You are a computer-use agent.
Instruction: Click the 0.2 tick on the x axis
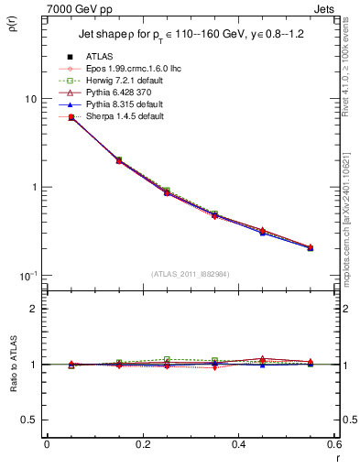[142, 444]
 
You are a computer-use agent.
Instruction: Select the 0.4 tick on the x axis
[238, 444]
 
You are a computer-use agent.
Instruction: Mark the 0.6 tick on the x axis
[333, 444]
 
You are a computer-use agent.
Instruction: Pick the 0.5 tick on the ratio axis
[27, 420]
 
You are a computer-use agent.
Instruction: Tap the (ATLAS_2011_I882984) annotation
[190, 272]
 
